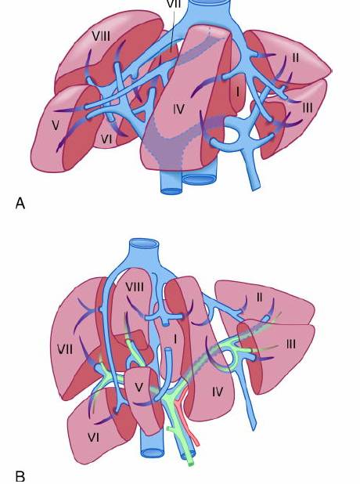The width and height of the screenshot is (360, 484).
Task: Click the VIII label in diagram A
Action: click(x=101, y=37)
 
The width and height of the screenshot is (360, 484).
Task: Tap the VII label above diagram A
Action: click(x=174, y=4)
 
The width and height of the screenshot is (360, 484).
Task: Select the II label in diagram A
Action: click(x=295, y=58)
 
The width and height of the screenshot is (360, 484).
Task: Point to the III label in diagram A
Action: click(x=308, y=108)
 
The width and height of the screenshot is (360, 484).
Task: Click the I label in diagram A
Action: click(x=237, y=92)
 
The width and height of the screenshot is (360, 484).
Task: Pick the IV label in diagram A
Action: click(x=178, y=109)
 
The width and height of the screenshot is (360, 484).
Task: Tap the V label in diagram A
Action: click(x=56, y=125)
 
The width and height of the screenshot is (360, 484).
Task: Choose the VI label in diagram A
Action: click(x=106, y=139)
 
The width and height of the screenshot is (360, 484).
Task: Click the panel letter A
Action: click(x=20, y=204)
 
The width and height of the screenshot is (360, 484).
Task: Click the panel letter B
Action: click(x=20, y=475)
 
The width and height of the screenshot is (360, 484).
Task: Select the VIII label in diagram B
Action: click(x=135, y=287)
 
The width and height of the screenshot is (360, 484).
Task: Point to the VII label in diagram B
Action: click(x=65, y=350)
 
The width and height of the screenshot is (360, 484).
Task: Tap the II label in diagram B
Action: click(x=259, y=298)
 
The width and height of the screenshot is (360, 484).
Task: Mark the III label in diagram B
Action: click(x=290, y=344)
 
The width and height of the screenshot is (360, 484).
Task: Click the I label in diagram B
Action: click(x=175, y=340)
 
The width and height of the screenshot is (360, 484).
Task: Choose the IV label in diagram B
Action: click(x=217, y=392)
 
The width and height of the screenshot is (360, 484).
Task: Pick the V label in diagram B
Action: click(x=139, y=388)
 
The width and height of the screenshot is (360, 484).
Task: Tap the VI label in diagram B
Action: click(x=93, y=437)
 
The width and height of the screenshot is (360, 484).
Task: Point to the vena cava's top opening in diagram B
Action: click(x=144, y=244)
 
